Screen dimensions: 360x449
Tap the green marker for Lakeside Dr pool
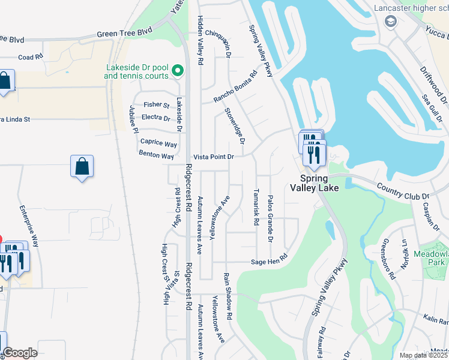pos(178,71)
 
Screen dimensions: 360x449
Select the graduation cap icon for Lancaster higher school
pos(391,22)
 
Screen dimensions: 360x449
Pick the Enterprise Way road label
pos(29,227)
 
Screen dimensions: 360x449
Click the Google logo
pos(20,353)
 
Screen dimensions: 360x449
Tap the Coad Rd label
pos(31,57)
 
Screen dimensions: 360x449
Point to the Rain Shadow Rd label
pos(228,296)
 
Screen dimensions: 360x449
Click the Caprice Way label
pos(158,144)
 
